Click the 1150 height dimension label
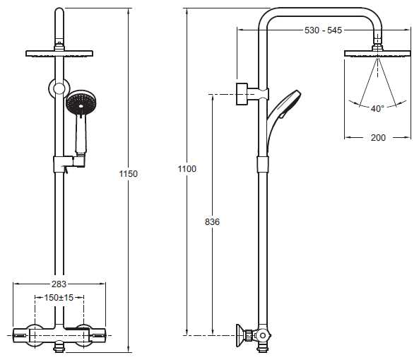pyautogui.click(x=129, y=174)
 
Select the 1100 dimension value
pyautogui.click(x=187, y=169)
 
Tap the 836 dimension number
pyautogui.click(x=212, y=221)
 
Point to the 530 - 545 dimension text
pyautogui.click(x=323, y=30)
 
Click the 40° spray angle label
pyautogui.click(x=377, y=109)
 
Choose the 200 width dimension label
pyautogui.click(x=378, y=137)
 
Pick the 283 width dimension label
pyautogui.click(x=59, y=284)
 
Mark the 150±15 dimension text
pyautogui.click(x=59, y=298)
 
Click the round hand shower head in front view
pyautogui.click(x=81, y=102)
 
